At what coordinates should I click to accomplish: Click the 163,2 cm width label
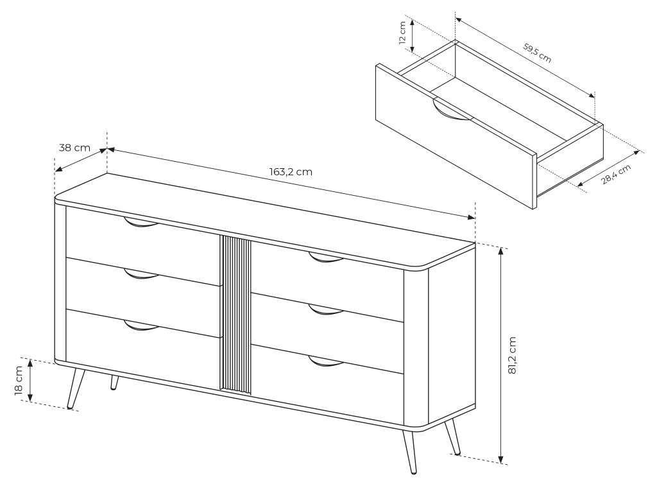pos(291,172)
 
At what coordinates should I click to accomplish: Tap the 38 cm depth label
pos(74,148)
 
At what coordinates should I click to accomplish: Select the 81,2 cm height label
pos(511,354)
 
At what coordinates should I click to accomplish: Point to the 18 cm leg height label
pos(19,380)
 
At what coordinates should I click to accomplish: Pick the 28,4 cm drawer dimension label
pos(616,174)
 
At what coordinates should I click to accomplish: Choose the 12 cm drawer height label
pos(402,33)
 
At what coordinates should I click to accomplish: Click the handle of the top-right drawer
pos(326,257)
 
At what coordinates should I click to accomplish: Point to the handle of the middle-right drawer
pos(326,309)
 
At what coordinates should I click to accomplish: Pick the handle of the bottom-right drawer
pos(326,361)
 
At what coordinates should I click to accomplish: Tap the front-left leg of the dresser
pos(76,388)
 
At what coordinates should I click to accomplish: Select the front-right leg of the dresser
pos(409,452)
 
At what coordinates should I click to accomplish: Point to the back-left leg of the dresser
pos(114,383)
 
